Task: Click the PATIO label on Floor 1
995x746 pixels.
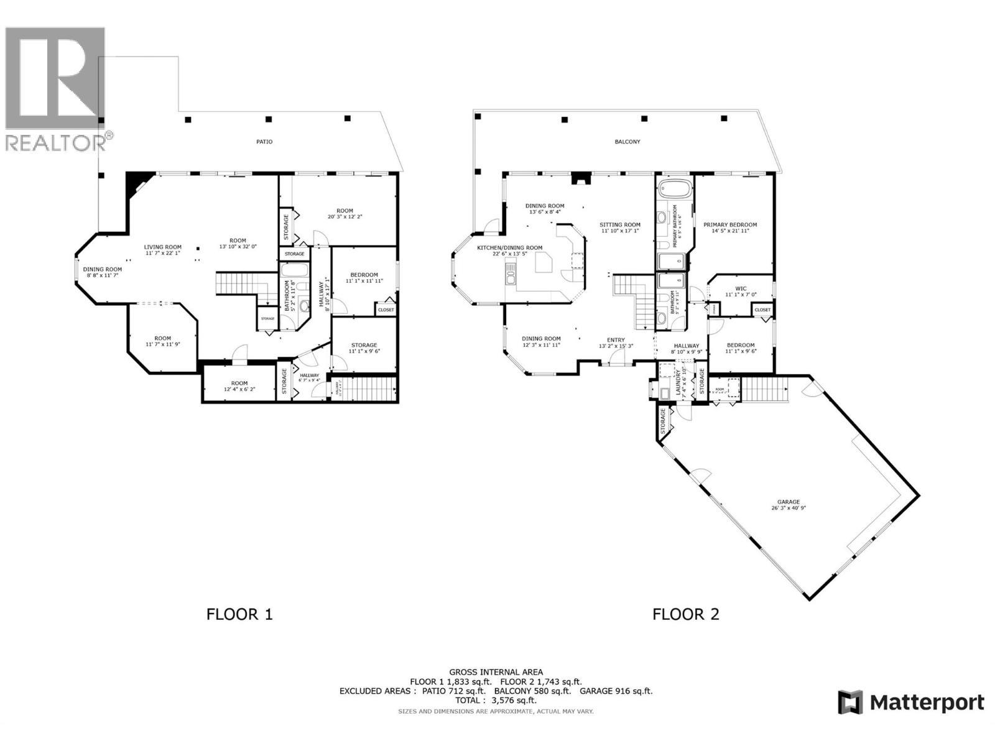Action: pyautogui.click(x=264, y=142)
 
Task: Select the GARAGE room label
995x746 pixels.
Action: pyautogui.click(x=788, y=502)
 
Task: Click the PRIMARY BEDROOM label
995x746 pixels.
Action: pyautogui.click(x=730, y=225)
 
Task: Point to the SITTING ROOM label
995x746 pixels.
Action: pyautogui.click(x=619, y=225)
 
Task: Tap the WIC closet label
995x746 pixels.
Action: pyautogui.click(x=741, y=288)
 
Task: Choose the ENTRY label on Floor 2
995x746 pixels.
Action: pyautogui.click(x=616, y=340)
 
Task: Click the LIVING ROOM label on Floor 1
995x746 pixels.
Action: pyautogui.click(x=163, y=247)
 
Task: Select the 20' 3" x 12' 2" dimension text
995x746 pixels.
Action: pyautogui.click(x=345, y=217)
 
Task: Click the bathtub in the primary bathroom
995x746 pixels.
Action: pyautogui.click(x=674, y=188)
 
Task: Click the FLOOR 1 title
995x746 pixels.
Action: pyautogui.click(x=239, y=615)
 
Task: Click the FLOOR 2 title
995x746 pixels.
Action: pyautogui.click(x=685, y=615)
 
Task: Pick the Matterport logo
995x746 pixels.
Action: pyautogui.click(x=911, y=703)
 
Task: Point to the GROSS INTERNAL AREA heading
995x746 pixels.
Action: pyautogui.click(x=496, y=672)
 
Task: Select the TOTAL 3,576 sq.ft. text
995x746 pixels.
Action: pyautogui.click(x=496, y=700)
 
